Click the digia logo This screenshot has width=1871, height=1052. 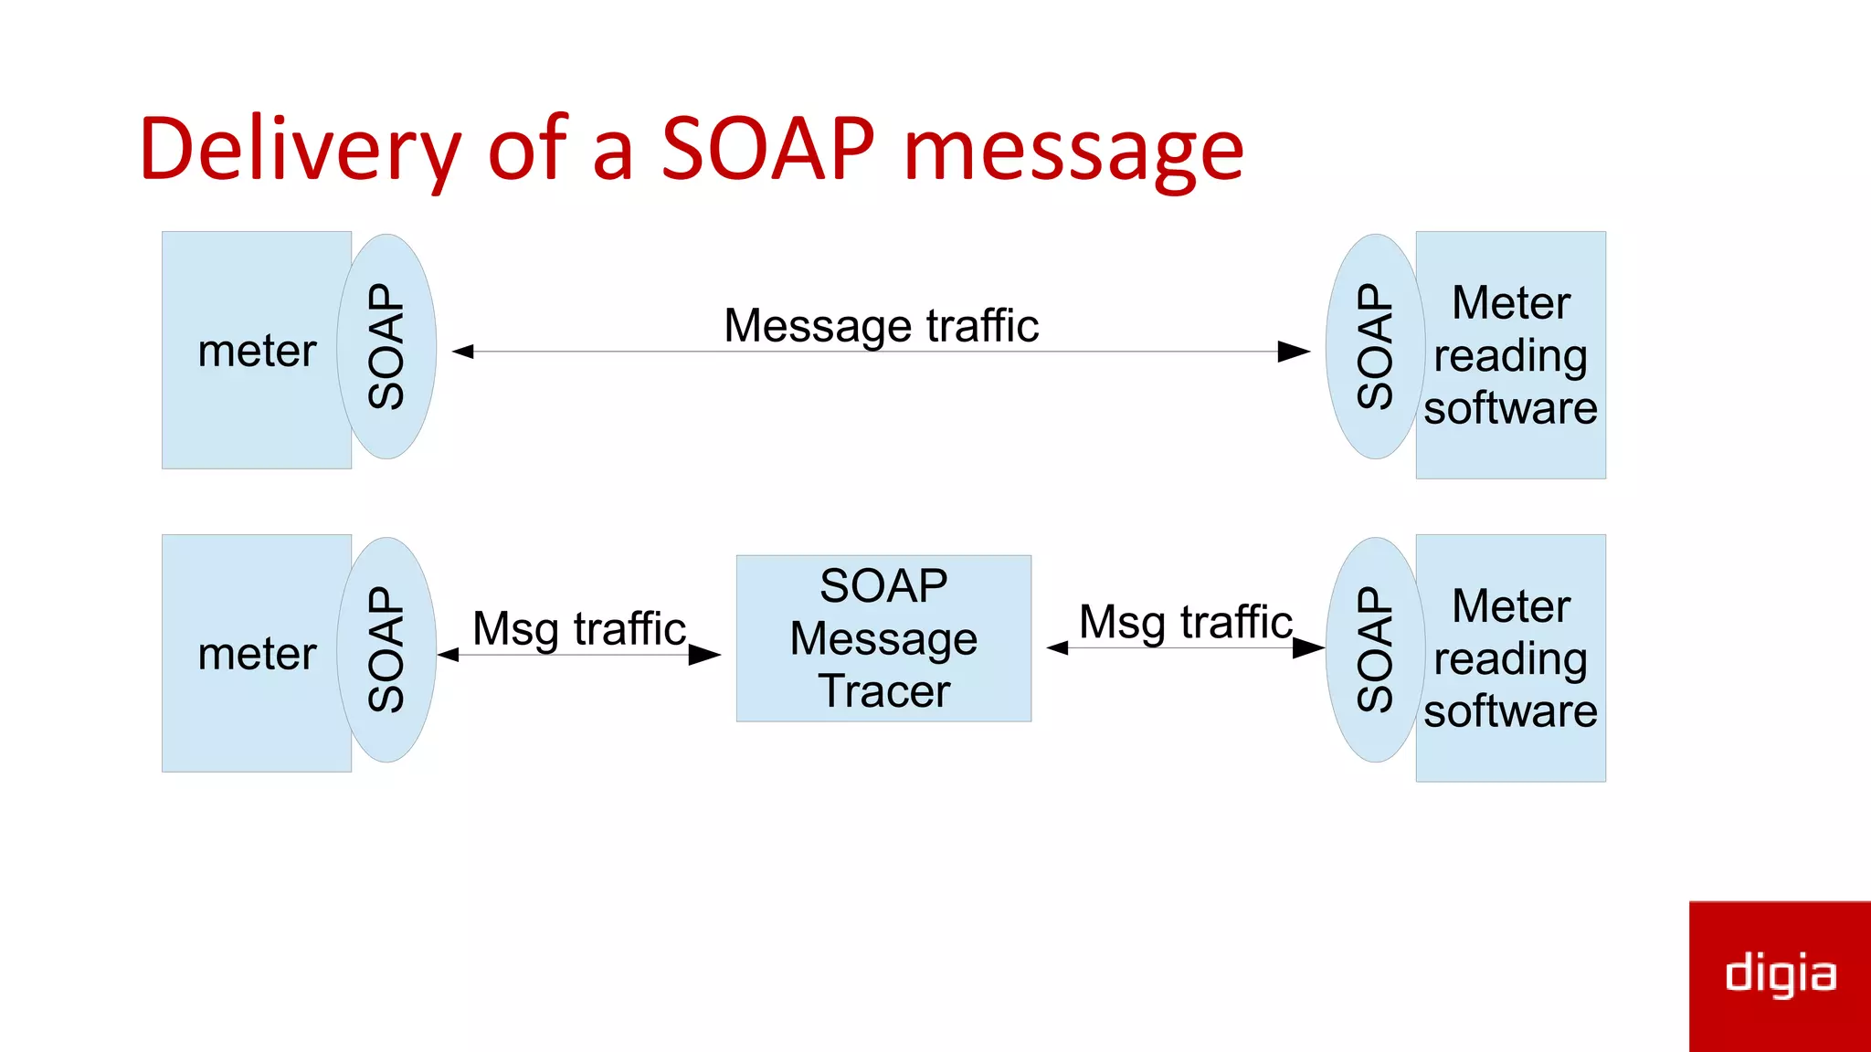[x=1780, y=974]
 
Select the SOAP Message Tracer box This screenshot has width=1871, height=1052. [x=883, y=638]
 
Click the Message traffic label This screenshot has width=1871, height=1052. [x=881, y=326]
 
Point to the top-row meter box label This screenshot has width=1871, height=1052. [x=257, y=351]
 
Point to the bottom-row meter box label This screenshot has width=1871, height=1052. [x=257, y=654]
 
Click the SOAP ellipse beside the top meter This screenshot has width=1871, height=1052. [x=386, y=347]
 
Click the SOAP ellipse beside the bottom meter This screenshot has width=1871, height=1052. [x=386, y=650]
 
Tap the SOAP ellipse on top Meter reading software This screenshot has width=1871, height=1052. [x=1374, y=347]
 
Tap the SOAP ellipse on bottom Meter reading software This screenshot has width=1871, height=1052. [x=1374, y=650]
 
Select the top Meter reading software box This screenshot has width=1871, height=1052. [x=1510, y=355]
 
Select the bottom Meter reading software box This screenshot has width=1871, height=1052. [x=1510, y=658]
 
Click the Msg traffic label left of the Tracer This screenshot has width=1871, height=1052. [x=579, y=628]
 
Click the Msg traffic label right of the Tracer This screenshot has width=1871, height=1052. [x=1185, y=622]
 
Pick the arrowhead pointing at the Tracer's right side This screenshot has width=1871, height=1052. [x=1058, y=648]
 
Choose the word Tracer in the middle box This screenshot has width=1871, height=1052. [x=883, y=691]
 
